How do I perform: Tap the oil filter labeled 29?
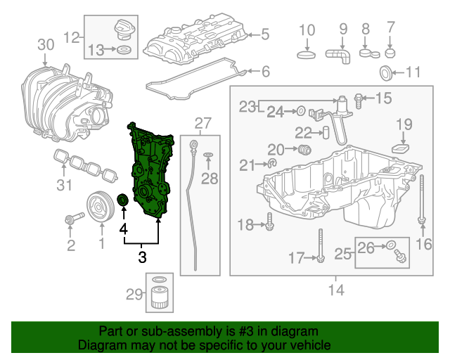(160, 297)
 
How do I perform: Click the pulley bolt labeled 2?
(70, 220)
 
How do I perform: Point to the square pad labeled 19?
(401, 148)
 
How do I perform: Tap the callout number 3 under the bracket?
(142, 257)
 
